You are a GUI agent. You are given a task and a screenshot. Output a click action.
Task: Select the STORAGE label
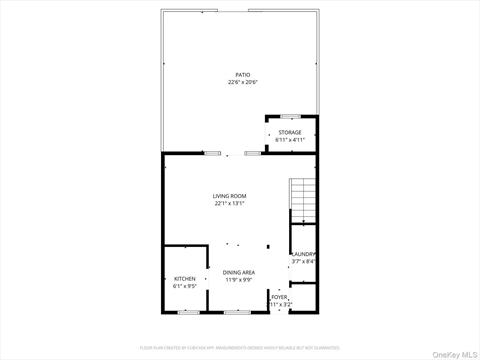tap(290, 132)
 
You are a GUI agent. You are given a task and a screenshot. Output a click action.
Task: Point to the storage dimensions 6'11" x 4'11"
tap(290, 139)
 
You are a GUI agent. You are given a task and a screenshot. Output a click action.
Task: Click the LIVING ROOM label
tap(229, 196)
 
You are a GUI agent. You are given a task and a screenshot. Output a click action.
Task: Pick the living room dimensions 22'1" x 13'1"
tap(229, 203)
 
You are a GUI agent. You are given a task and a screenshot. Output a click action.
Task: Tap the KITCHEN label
tap(185, 278)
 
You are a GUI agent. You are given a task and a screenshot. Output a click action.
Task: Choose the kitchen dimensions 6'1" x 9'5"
tap(185, 285)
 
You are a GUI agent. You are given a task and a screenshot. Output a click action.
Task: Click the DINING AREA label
tap(238, 272)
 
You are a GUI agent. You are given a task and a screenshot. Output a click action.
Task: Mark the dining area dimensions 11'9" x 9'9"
tap(238, 279)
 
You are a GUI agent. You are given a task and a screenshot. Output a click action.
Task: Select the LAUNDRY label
tap(303, 255)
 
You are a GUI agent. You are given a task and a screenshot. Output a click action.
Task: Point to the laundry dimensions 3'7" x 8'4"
tap(303, 262)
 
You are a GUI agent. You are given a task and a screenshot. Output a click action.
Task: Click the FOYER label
tap(279, 297)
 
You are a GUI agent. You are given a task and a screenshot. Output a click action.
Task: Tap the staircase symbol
tap(302, 201)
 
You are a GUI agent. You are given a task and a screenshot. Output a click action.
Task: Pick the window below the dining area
tap(237, 312)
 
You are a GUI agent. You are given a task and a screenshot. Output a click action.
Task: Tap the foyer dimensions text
tap(279, 304)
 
